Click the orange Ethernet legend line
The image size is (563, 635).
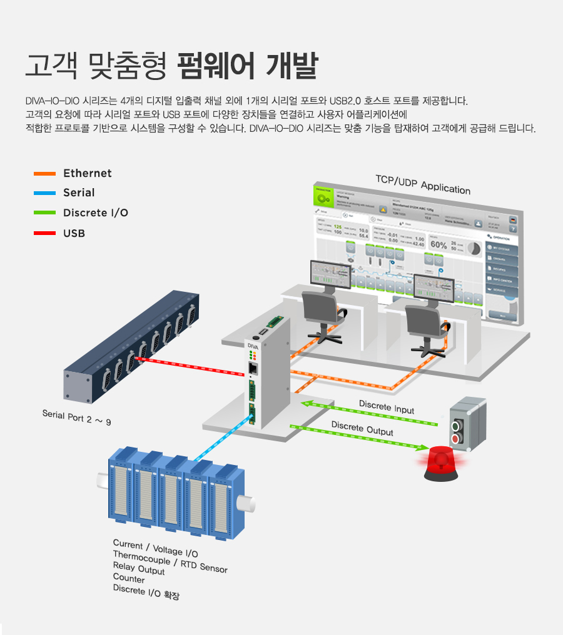coord(44,173)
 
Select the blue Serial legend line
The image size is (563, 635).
coord(44,192)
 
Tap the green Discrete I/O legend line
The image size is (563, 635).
coord(44,212)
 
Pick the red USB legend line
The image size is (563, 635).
coord(44,233)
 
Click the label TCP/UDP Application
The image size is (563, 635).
coord(422,184)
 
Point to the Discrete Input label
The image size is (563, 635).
coord(386,407)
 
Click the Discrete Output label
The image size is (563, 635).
coord(362,429)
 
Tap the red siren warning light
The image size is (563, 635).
coord(444,463)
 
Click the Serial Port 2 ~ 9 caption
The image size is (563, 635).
coord(76,417)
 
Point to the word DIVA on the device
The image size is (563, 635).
coord(253,346)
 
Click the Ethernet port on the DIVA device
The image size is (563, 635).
coord(253,369)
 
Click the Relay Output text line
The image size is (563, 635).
coord(139,568)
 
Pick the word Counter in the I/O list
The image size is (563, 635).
coord(129,579)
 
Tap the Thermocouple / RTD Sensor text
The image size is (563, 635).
coord(170,561)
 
